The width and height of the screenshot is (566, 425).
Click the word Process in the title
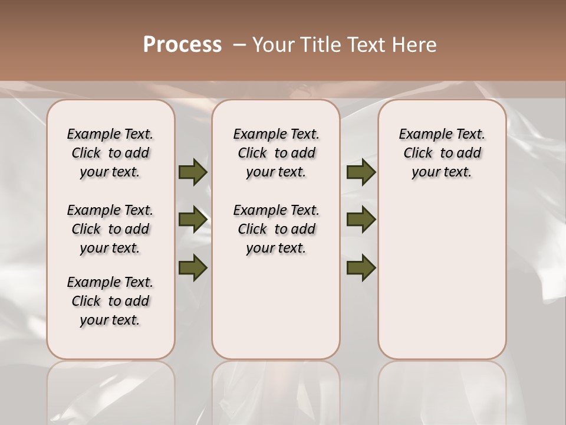(182, 45)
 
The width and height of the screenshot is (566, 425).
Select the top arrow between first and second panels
(193, 172)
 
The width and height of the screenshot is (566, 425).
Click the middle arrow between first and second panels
(193, 220)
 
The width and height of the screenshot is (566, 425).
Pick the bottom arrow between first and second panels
(193, 268)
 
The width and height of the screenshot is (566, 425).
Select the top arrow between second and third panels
(361, 172)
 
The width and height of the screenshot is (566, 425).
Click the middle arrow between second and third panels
(361, 220)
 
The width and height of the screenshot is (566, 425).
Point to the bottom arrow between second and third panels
(361, 268)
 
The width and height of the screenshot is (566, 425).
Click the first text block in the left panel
(110, 153)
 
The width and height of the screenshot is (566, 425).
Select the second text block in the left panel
(110, 229)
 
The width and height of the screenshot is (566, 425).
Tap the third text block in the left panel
(110, 301)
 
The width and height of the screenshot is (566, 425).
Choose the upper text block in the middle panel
(276, 153)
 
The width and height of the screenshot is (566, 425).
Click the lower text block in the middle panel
(276, 229)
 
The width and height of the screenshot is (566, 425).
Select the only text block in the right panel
(442, 153)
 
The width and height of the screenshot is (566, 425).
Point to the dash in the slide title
(239, 45)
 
